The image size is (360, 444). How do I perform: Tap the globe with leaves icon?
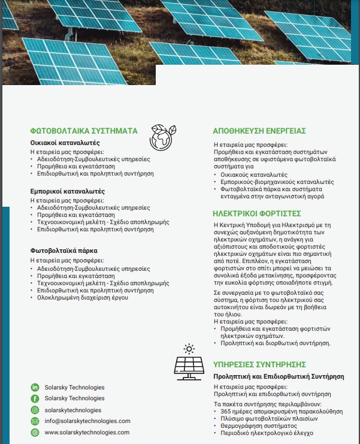pos(162,137)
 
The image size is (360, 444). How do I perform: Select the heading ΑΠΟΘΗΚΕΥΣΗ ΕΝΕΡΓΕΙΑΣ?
pos(259,131)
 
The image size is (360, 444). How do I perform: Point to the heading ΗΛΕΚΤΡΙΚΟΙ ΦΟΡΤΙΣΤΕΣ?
pos(256,213)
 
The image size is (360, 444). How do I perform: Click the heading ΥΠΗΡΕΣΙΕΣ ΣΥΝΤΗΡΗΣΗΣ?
pos(259,364)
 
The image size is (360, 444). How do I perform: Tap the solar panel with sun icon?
pos(188,362)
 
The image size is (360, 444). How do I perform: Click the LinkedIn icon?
pos(35,387)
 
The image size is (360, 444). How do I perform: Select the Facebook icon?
pos(35,398)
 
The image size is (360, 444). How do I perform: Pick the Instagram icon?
pos(35,410)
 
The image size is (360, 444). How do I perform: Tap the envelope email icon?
pos(35,421)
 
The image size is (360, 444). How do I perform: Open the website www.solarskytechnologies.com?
pos(87,432)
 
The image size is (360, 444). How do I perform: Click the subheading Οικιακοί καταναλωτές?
pos(65,143)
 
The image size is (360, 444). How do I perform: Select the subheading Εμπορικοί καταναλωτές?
pos(67,191)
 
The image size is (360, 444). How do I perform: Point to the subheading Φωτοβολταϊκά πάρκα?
pos(63,250)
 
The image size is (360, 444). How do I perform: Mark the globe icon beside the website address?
pos(35,432)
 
